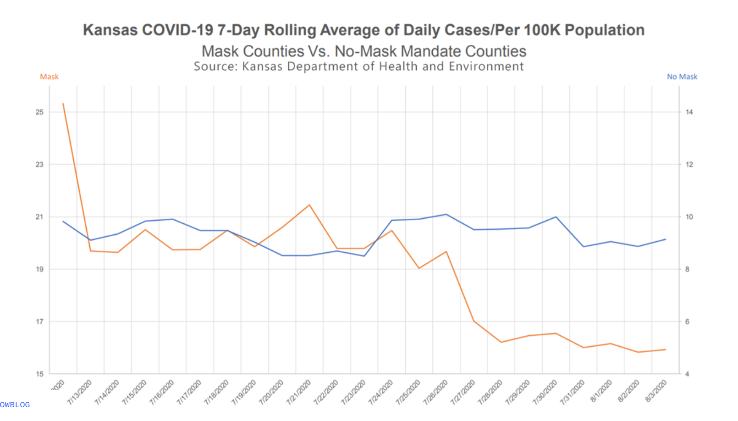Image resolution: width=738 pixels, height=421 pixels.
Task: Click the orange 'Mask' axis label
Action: pyautogui.click(x=49, y=77)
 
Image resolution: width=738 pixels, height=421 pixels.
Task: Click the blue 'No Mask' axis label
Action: pyautogui.click(x=682, y=77)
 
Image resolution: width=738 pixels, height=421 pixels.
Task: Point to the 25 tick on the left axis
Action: pyautogui.click(x=40, y=112)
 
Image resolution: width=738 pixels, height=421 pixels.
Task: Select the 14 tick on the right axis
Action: pyautogui.click(x=689, y=112)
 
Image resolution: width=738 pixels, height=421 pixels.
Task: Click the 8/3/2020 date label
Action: pyautogui.click(x=656, y=392)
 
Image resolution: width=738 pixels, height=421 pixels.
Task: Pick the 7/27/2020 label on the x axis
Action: pyautogui.click(x=463, y=392)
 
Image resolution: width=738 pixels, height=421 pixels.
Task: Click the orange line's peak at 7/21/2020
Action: pyautogui.click(x=309, y=205)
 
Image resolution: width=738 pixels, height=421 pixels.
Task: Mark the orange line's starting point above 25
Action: pyautogui.click(x=63, y=104)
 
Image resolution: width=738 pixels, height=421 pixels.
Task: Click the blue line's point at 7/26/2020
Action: pyautogui.click(x=446, y=214)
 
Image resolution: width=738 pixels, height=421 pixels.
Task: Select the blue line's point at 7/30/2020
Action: pyautogui.click(x=556, y=217)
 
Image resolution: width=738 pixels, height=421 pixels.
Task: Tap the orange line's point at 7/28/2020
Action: pyautogui.click(x=501, y=342)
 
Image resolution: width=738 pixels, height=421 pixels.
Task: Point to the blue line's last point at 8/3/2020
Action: pyautogui.click(x=665, y=239)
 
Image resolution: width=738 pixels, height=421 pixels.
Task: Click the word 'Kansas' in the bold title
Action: pyautogui.click(x=110, y=30)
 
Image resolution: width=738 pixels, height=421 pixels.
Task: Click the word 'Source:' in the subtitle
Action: pyautogui.click(x=215, y=66)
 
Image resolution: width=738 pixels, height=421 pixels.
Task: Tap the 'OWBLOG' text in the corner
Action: pyautogui.click(x=15, y=404)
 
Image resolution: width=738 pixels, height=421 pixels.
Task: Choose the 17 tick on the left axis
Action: pyautogui.click(x=40, y=321)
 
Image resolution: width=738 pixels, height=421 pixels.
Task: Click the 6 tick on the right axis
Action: pyautogui.click(x=687, y=321)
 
